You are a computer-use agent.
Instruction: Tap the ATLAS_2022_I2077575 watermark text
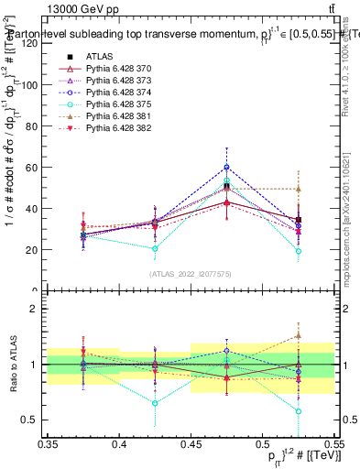tap(191, 273)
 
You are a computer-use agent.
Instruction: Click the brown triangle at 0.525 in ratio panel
tap(299, 336)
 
